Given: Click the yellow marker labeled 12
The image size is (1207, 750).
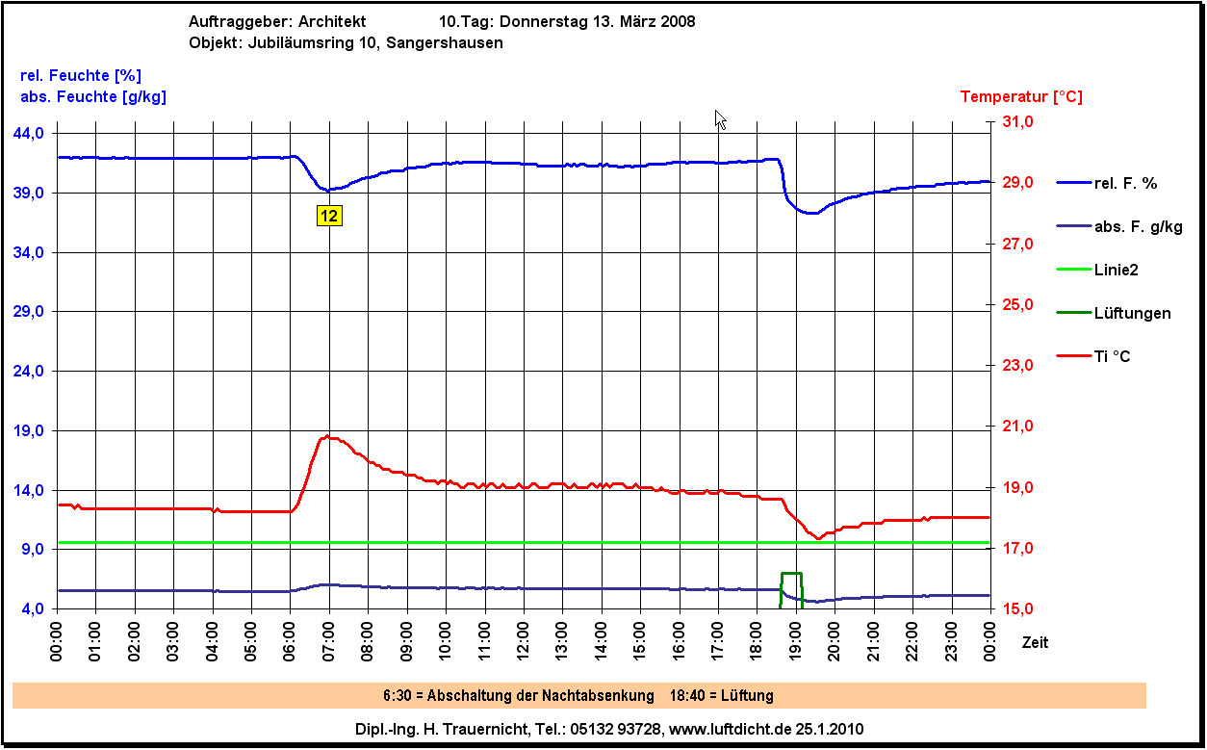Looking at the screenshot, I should pos(329,216).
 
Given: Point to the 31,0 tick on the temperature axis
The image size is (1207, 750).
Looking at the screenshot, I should pos(1018,122).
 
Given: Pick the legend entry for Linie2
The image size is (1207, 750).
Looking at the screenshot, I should pos(1117,271).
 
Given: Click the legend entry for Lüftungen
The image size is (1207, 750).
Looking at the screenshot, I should pos(1132,314).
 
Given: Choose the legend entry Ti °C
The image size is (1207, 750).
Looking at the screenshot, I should pos(1112,357).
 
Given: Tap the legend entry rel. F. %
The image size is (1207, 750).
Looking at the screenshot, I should pos(1123,183).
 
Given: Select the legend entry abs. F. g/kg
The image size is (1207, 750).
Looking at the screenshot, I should pos(1138,227).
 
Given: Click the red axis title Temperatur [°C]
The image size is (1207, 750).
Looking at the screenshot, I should pos(1021,97).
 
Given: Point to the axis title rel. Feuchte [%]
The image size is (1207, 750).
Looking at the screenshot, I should pos(81,75).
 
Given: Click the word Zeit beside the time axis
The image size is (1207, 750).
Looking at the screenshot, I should pos(1035,642).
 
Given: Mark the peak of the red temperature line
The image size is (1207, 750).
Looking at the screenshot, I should pos(328,436).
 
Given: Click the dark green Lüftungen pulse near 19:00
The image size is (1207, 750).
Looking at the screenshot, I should pos(791,574).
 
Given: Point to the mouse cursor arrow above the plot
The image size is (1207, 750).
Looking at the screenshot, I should pos(719,118).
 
